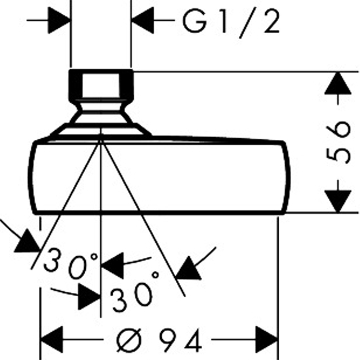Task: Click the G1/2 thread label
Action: [x=231, y=22]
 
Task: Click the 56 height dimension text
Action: [x=338, y=142]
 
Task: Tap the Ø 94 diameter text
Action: [x=159, y=340]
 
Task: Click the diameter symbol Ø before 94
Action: [x=129, y=340]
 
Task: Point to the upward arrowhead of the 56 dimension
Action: [x=338, y=83]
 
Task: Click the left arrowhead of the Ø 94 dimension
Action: [x=51, y=339]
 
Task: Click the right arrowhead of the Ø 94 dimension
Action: [x=267, y=339]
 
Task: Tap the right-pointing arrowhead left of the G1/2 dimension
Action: [x=59, y=20]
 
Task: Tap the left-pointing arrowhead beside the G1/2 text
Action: [x=142, y=20]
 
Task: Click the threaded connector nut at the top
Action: [x=101, y=85]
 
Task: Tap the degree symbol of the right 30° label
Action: [x=156, y=275]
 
